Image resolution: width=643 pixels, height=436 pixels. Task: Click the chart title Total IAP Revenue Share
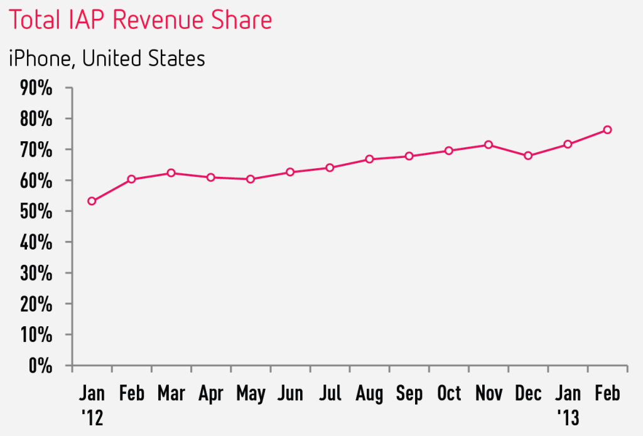pyautogui.click(x=141, y=20)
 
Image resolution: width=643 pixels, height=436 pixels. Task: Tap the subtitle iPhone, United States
pyautogui.click(x=107, y=58)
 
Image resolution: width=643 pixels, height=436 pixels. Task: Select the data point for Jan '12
pyautogui.click(x=92, y=201)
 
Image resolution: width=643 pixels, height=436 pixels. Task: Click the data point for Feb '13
pyautogui.click(x=607, y=130)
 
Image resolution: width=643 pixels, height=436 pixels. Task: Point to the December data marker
pyautogui.click(x=528, y=156)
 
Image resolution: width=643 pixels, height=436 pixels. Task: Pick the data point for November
pyautogui.click(x=488, y=145)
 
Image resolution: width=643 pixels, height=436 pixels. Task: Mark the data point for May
pyautogui.click(x=251, y=179)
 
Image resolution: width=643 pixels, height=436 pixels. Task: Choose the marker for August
pyautogui.click(x=369, y=159)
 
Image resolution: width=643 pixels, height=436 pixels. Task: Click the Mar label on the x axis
pyautogui.click(x=171, y=394)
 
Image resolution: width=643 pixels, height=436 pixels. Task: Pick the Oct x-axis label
pyautogui.click(x=449, y=394)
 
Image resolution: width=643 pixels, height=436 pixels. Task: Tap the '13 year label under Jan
pyautogui.click(x=568, y=416)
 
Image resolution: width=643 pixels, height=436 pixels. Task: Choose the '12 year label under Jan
pyautogui.click(x=92, y=416)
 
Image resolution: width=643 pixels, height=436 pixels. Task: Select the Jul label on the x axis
pyautogui.click(x=330, y=394)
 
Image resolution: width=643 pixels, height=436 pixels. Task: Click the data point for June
pyautogui.click(x=290, y=172)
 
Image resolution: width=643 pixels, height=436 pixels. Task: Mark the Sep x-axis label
pyautogui.click(x=409, y=394)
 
